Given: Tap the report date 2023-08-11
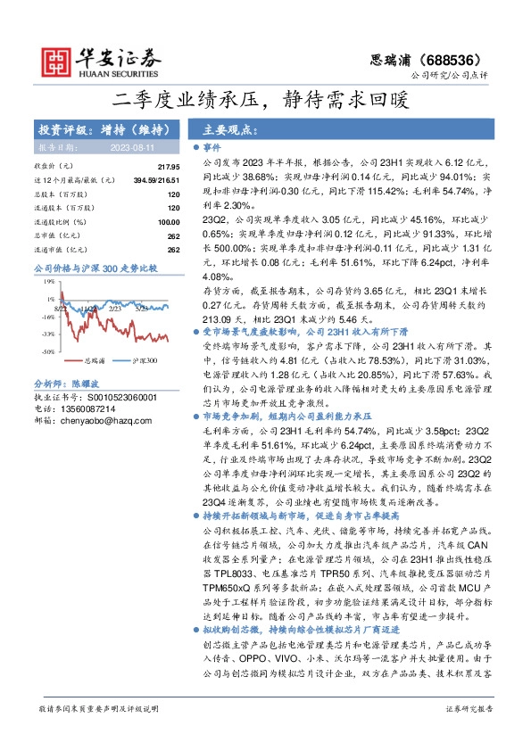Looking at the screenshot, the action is point(132,147).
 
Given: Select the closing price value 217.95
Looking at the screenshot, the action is point(168,167).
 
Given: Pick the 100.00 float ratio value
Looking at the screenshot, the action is point(168,221).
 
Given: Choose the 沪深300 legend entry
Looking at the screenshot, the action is point(144,361).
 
